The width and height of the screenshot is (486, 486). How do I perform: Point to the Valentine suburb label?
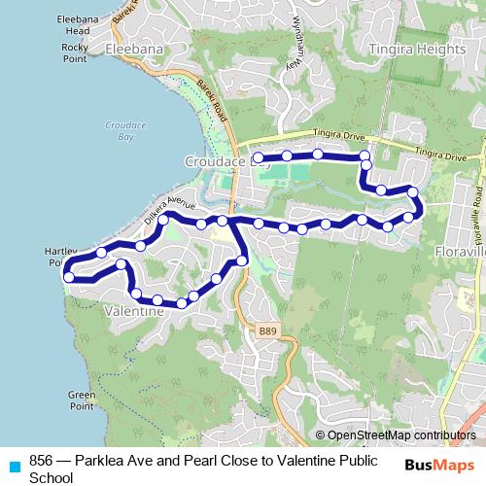(133, 312)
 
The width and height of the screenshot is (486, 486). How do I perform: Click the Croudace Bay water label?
(125, 131)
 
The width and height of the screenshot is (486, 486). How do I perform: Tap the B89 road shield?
(268, 331)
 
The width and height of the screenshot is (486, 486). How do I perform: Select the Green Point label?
(82, 400)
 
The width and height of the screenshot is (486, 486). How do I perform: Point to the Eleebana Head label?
(72, 24)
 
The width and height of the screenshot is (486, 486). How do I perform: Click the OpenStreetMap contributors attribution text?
(401, 435)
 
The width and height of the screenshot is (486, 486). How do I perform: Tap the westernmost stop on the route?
(69, 277)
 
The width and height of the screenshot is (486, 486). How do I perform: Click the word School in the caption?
(52, 477)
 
